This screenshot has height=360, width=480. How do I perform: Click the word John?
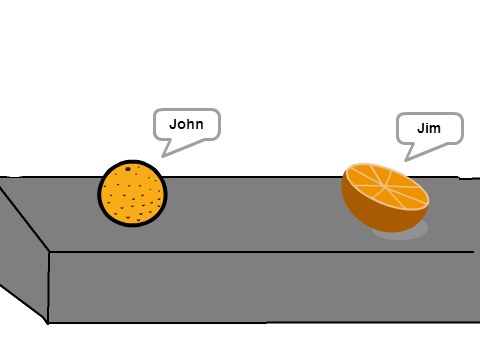pos(186,124)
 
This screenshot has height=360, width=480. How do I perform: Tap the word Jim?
pos(429,128)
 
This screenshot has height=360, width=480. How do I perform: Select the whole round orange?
pos(132,193)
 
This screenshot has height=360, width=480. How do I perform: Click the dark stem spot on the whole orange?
pos(128,169)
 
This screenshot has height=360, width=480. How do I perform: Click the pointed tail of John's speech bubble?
pos(162,157)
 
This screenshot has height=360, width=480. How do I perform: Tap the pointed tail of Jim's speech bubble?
pos(405,161)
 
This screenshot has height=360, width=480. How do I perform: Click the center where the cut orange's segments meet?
pos(385,186)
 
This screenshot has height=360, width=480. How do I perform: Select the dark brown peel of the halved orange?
pos(373,213)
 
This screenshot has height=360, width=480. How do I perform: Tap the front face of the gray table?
pos(263,287)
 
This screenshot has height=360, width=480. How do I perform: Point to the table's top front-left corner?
pos(49,252)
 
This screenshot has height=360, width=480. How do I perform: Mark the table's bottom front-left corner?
pos(48,323)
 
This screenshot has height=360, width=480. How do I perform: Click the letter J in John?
pos(173,124)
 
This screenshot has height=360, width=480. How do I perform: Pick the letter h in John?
pos(191,124)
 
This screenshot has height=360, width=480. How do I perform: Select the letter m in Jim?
pos(435,130)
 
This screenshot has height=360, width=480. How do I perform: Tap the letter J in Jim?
pos(421,128)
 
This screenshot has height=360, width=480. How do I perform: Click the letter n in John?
pos(200,126)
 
